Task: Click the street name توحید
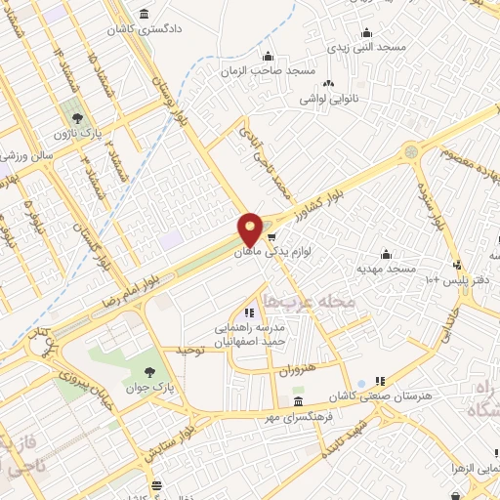(x=189, y=350)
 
